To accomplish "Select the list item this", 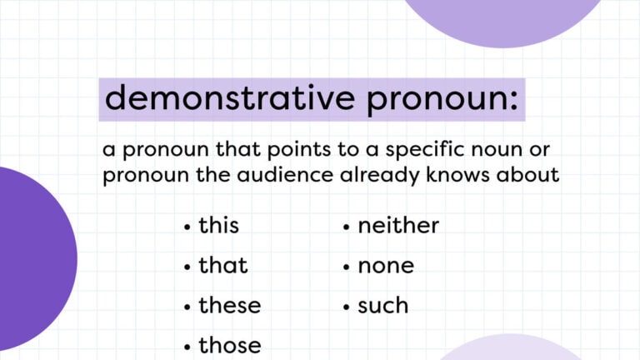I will click(x=218, y=225).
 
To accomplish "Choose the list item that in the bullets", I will click(x=222, y=265).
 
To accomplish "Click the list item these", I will click(x=229, y=305).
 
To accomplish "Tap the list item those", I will click(x=229, y=345).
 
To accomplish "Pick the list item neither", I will click(x=398, y=225).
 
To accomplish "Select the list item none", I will click(x=386, y=266).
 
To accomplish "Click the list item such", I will click(x=383, y=305).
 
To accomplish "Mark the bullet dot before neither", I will click(x=346, y=227).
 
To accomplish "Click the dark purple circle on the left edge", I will click(x=29, y=258).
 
